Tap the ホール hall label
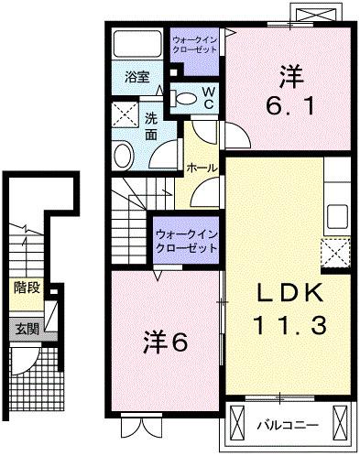point(202,168)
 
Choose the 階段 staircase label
point(26,287)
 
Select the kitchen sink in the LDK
point(336,216)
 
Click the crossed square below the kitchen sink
point(336,251)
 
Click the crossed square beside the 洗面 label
point(125,116)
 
